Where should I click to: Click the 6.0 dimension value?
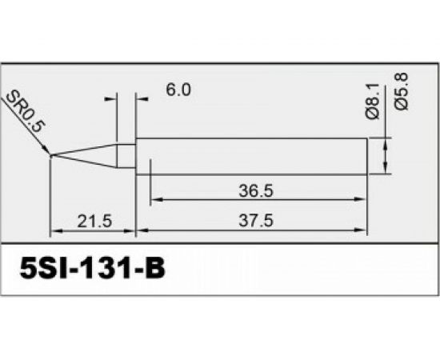point(178,91)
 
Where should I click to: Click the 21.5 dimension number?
point(93,222)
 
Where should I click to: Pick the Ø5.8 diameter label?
point(402,91)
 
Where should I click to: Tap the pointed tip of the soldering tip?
point(51,155)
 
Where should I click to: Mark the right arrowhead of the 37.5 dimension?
point(364,232)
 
